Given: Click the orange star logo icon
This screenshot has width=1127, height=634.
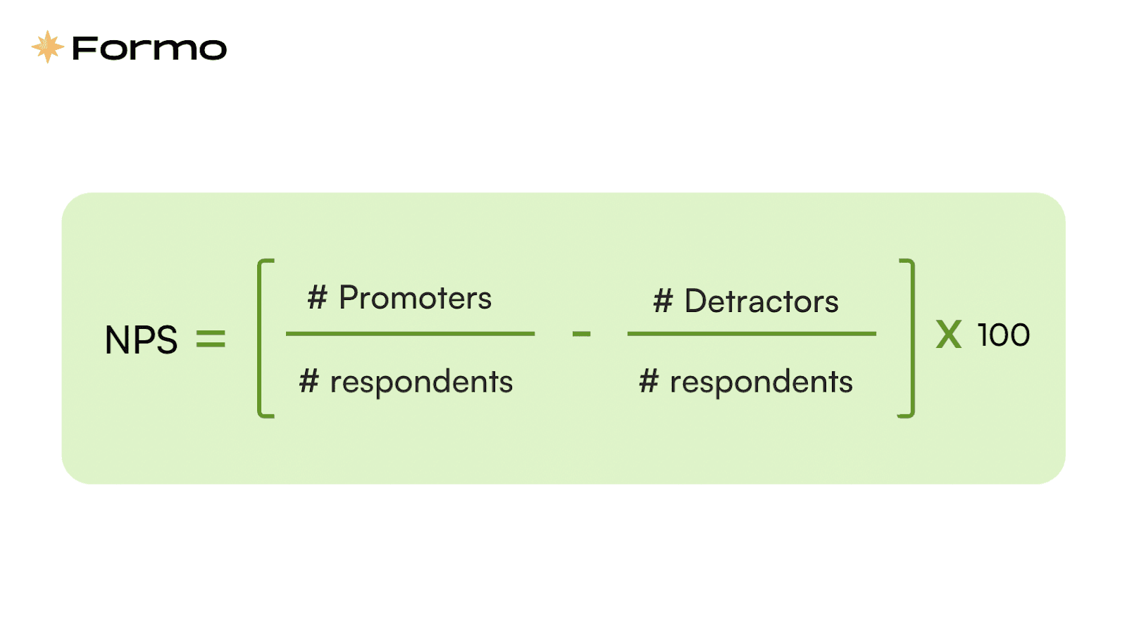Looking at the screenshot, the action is pos(48,46).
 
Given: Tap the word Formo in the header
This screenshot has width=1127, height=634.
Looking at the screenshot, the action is pos(150,49).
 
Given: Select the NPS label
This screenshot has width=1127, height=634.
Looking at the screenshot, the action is pos(141,340).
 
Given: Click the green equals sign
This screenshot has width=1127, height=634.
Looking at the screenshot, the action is pos(211,338).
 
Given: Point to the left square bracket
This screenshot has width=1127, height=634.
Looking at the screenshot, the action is pos(260,338).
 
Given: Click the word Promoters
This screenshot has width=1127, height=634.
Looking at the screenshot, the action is pos(415,297).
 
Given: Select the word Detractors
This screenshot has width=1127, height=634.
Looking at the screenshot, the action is pos(761,302).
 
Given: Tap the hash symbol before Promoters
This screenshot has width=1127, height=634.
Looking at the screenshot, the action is pos(318,297).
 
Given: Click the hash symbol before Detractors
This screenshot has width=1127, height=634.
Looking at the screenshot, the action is pos(663,301).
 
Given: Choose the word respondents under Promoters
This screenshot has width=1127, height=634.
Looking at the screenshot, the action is pos(422,383).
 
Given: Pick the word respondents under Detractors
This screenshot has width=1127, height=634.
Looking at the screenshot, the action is pos(761,383).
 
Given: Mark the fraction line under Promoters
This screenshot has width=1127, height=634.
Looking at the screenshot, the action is pos(410,334).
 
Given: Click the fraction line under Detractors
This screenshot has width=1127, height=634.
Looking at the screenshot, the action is pos(752,334).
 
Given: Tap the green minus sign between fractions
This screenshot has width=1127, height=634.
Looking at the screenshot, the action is pos(581,334).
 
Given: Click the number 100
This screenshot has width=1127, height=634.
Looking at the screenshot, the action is pos(1004,335).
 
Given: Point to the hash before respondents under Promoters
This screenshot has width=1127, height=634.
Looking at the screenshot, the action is pos(309,381).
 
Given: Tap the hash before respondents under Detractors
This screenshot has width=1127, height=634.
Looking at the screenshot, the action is pos(649,381).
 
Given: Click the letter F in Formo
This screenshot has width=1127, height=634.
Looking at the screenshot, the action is pos(84,49).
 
